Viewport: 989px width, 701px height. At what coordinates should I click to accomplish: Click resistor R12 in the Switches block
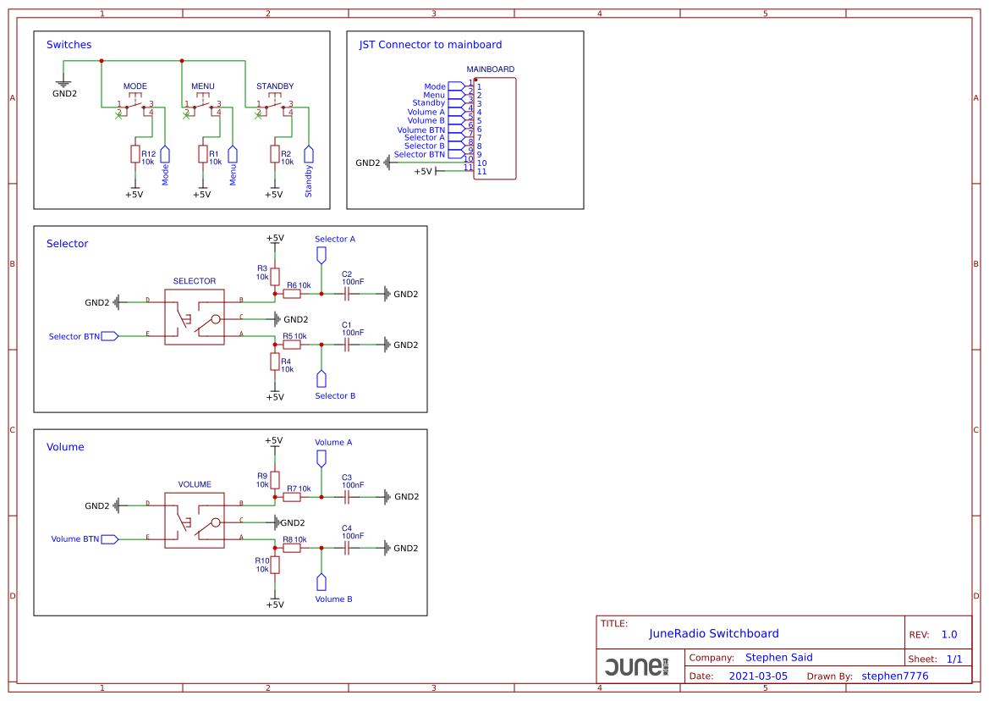tap(135, 153)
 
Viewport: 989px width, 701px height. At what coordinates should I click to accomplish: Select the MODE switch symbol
tap(135, 108)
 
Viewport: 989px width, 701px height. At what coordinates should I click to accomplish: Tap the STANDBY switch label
tap(275, 86)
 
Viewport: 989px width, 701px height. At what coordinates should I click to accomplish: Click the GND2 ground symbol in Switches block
tap(63, 83)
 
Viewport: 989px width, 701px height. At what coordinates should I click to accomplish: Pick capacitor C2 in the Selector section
tap(347, 294)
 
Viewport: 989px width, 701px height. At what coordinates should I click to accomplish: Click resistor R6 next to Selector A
tap(292, 294)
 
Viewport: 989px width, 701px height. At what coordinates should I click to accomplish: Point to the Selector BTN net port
tap(109, 336)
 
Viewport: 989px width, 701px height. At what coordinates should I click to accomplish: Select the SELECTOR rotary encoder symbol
tap(195, 317)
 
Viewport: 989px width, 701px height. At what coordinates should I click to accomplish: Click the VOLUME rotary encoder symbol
tap(195, 521)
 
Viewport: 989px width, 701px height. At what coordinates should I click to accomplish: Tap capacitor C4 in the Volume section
tap(347, 548)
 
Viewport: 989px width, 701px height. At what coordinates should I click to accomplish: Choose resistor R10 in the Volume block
tap(274, 565)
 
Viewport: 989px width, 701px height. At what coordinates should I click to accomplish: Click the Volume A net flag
tap(321, 458)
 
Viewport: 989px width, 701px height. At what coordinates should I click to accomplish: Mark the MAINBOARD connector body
tap(495, 129)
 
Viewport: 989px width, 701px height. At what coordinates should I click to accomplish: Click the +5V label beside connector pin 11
tap(422, 171)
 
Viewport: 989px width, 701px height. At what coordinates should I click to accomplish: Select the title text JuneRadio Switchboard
tap(714, 633)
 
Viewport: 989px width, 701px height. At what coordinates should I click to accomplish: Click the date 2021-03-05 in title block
tap(758, 676)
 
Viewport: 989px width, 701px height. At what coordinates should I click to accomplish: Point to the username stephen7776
tap(895, 676)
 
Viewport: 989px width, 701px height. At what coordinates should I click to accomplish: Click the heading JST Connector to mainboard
tap(431, 45)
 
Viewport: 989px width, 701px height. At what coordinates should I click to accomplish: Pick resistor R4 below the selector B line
tap(274, 362)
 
